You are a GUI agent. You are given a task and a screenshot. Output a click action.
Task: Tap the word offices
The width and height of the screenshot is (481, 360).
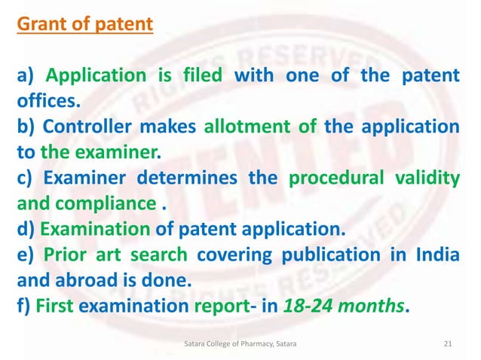click(x=51, y=101)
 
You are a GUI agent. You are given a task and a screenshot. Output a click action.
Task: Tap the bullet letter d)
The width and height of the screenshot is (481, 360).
click(x=25, y=229)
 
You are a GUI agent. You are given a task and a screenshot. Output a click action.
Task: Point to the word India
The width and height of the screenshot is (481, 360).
click(x=437, y=255)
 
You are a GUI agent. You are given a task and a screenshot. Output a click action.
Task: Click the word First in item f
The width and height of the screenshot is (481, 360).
click(x=53, y=306)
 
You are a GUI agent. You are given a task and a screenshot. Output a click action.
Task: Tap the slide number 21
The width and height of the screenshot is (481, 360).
click(x=448, y=343)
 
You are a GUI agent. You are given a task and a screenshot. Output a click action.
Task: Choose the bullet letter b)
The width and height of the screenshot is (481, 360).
click(x=25, y=127)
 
